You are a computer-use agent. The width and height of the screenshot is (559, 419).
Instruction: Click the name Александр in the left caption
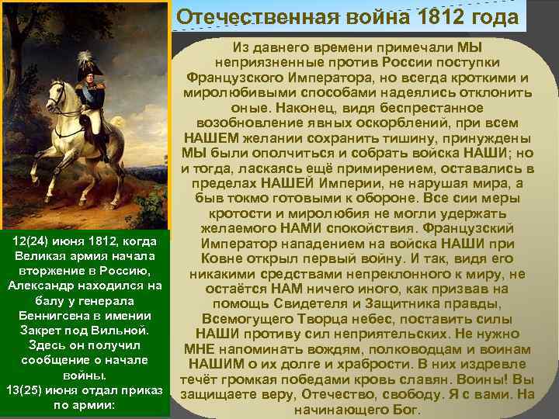pos(40,286)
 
